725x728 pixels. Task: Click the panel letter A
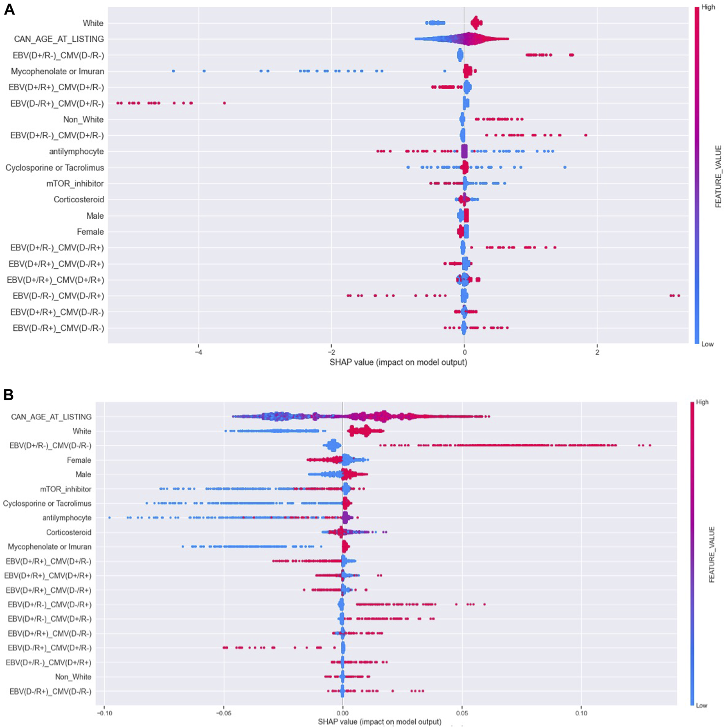click(9, 9)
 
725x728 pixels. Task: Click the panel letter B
click(8, 394)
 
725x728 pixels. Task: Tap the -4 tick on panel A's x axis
click(198, 352)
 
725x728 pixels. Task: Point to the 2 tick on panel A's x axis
click(597, 352)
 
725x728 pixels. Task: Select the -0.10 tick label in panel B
click(104, 713)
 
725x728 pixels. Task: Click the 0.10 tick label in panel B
click(581, 713)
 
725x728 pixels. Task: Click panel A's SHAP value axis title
click(398, 362)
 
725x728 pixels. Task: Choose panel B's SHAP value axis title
click(379, 722)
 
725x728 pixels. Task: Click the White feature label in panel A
click(93, 23)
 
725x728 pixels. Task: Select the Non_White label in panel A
click(83, 119)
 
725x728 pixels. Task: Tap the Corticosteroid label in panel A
click(79, 199)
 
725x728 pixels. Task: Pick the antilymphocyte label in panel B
click(67, 518)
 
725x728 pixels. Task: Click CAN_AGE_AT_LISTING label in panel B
click(51, 417)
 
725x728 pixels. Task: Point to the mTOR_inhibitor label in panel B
click(65, 489)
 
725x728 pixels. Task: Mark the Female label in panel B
click(79, 460)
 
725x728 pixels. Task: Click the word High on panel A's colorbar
click(708, 7)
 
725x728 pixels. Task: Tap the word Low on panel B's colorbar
click(702, 706)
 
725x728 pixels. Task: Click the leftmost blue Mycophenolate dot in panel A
click(173, 71)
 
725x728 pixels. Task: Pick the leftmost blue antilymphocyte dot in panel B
click(110, 518)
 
